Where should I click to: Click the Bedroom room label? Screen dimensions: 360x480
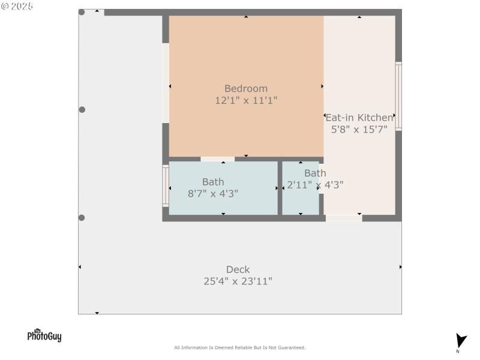tap(246, 89)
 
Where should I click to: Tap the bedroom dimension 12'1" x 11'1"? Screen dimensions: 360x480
tap(246, 101)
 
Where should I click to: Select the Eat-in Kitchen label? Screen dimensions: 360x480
tap(359, 118)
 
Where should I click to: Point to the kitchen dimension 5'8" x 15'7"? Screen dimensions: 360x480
tap(359, 128)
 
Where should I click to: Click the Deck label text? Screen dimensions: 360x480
tap(238, 270)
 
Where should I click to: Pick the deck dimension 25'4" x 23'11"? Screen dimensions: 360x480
tap(238, 281)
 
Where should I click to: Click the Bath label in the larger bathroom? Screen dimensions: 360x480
tap(213, 182)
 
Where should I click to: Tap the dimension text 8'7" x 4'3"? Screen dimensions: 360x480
tap(213, 193)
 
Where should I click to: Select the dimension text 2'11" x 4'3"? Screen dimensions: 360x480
tap(315, 185)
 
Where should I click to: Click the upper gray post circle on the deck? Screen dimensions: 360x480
tap(82, 110)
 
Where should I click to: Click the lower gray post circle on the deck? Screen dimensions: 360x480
tap(82, 218)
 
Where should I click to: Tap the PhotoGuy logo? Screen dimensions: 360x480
tap(44, 335)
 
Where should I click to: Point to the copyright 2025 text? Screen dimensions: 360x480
tap(17, 6)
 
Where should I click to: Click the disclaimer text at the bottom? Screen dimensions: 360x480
tap(239, 347)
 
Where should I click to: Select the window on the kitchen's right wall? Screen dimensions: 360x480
tap(398, 96)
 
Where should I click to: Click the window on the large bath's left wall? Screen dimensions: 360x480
tap(166, 186)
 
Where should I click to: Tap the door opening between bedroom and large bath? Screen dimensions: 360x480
tap(217, 159)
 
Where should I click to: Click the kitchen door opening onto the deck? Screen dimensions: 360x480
tap(344, 218)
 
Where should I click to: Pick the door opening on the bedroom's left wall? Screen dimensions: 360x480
tap(166, 83)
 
